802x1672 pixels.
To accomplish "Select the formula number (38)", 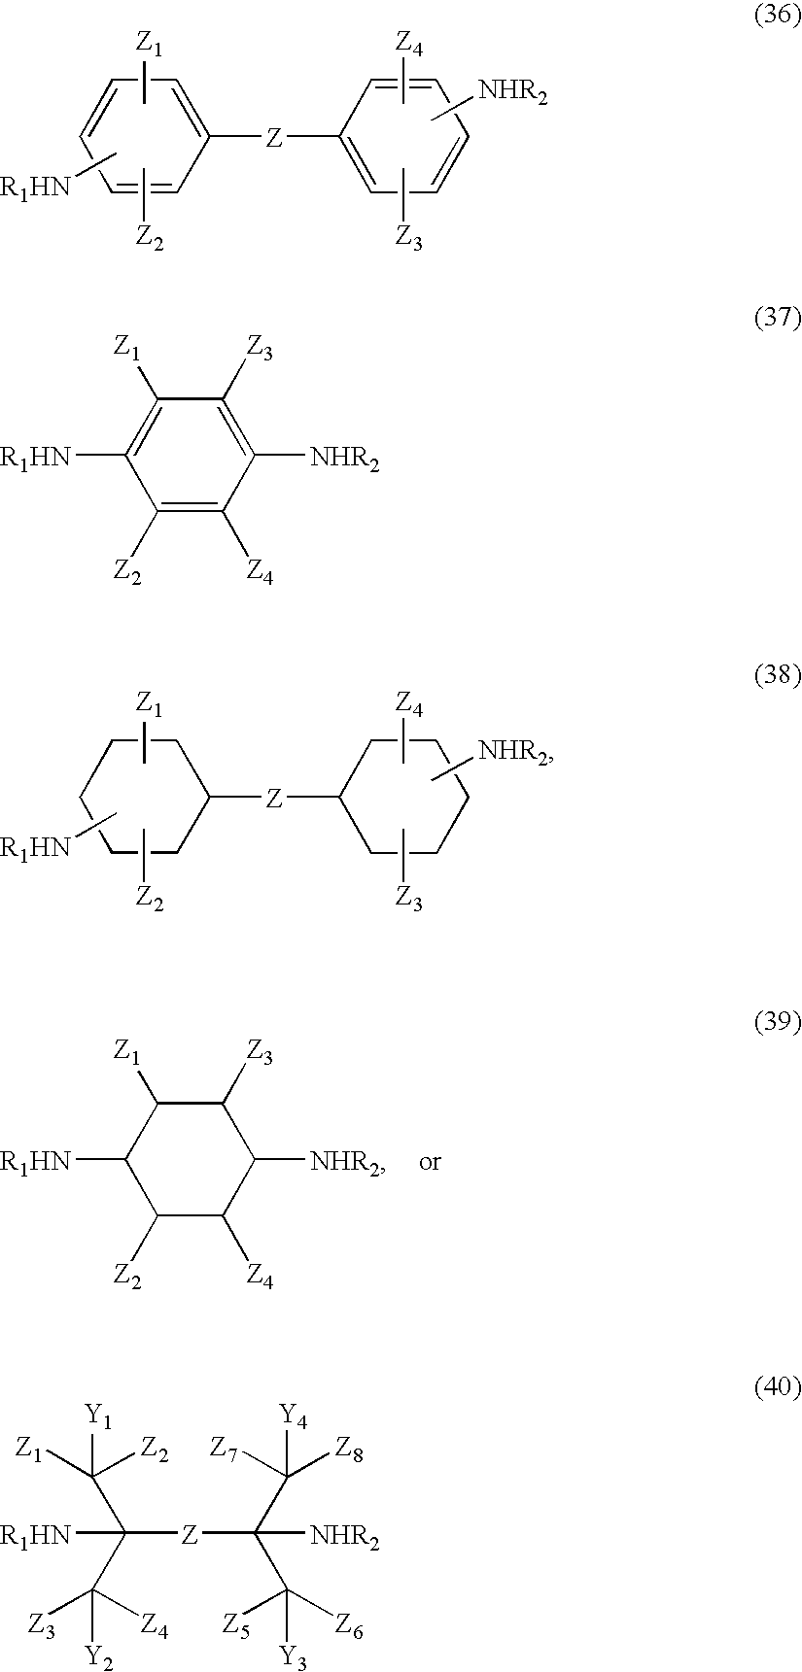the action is pyautogui.click(x=778, y=677).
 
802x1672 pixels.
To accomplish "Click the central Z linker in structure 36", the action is pyautogui.click(x=274, y=141).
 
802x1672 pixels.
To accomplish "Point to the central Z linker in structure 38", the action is pyautogui.click(x=274, y=800).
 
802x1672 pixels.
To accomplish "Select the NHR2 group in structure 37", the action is pyautogui.click(x=344, y=458).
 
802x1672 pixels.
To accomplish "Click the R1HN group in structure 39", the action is pyautogui.click(x=36, y=1161).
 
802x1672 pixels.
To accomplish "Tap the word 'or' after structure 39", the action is pyautogui.click(x=430, y=1162).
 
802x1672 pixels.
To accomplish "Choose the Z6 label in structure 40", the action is pyautogui.click(x=350, y=1623).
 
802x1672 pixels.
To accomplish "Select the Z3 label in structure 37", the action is pyautogui.click(x=260, y=354).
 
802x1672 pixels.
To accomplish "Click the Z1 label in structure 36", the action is pyautogui.click(x=149, y=44).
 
